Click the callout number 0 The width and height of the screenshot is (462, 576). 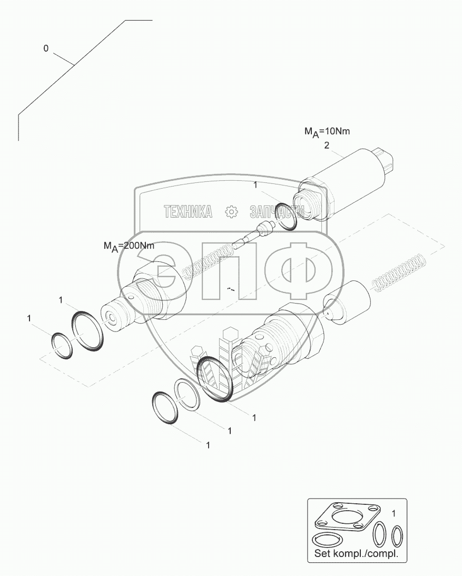click(45, 48)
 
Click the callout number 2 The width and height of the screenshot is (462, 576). click(327, 145)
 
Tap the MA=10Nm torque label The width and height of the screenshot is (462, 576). click(327, 132)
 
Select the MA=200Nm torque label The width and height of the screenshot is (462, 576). click(129, 246)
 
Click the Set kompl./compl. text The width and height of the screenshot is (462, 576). click(356, 554)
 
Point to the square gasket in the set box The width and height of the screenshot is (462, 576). click(347, 517)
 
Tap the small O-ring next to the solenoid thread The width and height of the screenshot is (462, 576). click(286, 217)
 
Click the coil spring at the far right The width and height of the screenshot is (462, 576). click(399, 271)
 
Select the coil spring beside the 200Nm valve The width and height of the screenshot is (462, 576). click(208, 262)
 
